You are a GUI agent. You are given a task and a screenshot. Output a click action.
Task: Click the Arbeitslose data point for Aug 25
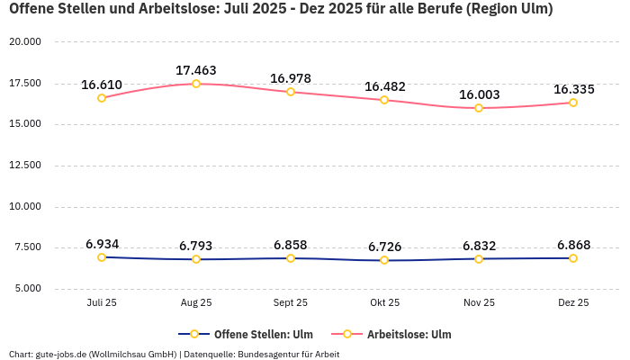point(196,84)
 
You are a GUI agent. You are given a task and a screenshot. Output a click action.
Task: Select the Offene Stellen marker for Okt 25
point(384,260)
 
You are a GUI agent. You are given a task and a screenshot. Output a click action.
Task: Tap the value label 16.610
point(102,85)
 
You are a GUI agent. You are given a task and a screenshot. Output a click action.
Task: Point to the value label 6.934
point(102,244)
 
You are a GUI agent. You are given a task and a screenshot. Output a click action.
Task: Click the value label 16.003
point(479,94)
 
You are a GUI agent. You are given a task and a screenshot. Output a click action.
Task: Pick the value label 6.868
point(573,245)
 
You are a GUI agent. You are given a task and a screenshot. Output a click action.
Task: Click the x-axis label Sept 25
point(290,303)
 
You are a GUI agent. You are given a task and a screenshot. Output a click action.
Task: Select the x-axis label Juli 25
point(102,303)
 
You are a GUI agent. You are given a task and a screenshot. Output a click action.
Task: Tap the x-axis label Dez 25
point(573,303)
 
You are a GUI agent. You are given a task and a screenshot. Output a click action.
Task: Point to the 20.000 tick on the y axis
point(25,42)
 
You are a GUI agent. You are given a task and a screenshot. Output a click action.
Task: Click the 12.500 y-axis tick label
point(25,166)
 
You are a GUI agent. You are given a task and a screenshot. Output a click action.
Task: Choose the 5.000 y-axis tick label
point(27,289)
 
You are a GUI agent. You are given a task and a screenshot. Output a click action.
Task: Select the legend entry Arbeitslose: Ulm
point(409,334)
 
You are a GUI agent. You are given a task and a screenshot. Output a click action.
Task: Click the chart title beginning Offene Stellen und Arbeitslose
point(280,10)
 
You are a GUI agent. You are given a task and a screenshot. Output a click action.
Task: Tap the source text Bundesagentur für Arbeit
point(290,355)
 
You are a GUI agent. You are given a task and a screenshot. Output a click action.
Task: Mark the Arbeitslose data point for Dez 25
point(573,103)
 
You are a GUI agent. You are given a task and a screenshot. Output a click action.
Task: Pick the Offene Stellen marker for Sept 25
point(290,258)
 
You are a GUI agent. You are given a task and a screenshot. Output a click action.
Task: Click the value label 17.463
point(196,70)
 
